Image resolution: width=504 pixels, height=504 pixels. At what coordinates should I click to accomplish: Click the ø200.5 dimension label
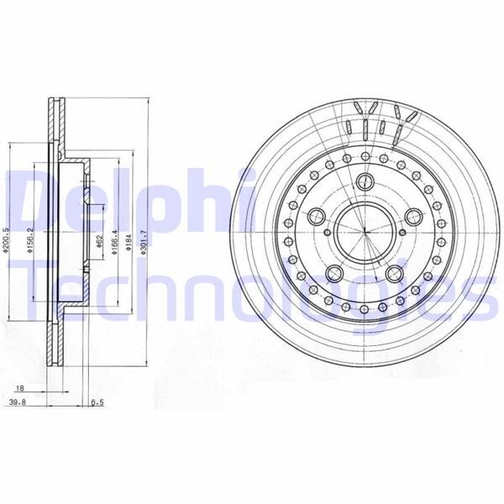click(7, 231)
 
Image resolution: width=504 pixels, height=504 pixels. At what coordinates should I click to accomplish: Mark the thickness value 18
click(19, 388)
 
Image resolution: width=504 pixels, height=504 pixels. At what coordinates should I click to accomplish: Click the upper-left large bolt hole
click(315, 214)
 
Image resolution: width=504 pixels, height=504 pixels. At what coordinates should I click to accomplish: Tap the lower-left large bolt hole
click(333, 270)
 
